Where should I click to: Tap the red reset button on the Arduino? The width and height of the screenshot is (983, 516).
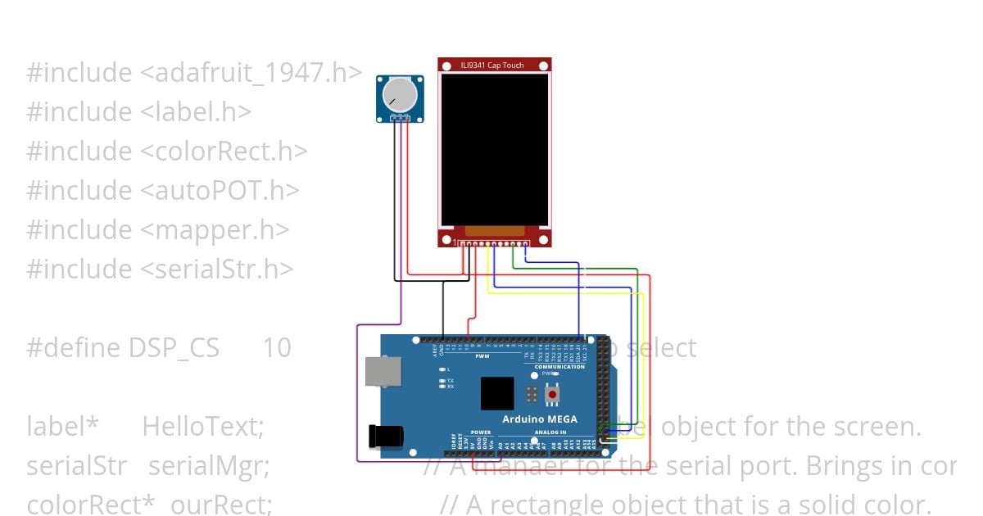pyautogui.click(x=552, y=395)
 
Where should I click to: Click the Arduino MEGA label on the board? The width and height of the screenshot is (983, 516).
pyautogui.click(x=539, y=419)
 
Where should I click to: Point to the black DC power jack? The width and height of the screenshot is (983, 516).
pyautogui.click(x=384, y=436)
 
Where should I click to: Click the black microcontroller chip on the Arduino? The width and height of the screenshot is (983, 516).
pyautogui.click(x=497, y=393)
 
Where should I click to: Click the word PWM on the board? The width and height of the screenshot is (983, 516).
pyautogui.click(x=482, y=356)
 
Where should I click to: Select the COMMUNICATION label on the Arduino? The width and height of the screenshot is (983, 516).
pyautogui.click(x=559, y=367)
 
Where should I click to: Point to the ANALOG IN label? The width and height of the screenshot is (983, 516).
pyautogui.click(x=550, y=432)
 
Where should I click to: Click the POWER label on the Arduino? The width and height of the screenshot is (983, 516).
pyautogui.click(x=481, y=432)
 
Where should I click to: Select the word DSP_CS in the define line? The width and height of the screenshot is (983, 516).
pyautogui.click(x=174, y=348)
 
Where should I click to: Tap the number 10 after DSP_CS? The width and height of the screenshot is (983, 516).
pyautogui.click(x=277, y=348)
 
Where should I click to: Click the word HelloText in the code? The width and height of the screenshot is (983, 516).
pyautogui.click(x=202, y=427)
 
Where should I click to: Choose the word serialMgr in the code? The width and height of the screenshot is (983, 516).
pyautogui.click(x=209, y=466)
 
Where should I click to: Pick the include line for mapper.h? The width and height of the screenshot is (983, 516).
pyautogui.click(x=157, y=230)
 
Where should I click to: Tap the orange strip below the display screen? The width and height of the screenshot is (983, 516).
pyautogui.click(x=494, y=232)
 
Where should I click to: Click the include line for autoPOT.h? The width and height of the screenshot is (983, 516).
pyautogui.click(x=162, y=191)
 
